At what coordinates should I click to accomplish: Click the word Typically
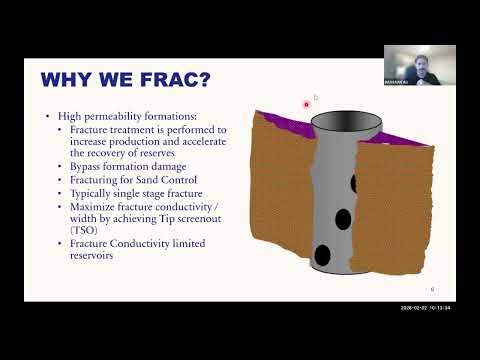(x=94, y=192)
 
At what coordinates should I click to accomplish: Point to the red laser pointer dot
(x=307, y=103)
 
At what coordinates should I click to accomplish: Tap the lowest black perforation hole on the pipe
(x=323, y=254)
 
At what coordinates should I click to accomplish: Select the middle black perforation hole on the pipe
(x=344, y=219)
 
